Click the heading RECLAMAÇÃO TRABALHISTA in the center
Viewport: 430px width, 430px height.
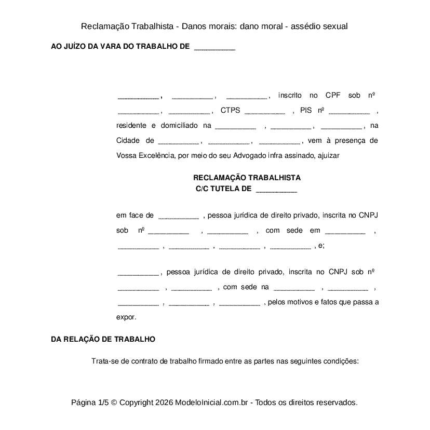(247, 178)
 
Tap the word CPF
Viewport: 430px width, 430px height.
(332, 96)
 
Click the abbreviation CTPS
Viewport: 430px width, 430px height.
(230, 111)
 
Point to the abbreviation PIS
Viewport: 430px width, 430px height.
(306, 111)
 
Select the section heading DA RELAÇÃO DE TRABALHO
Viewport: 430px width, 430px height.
(103, 339)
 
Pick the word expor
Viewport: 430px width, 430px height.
(126, 317)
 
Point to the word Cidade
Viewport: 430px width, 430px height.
(128, 141)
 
